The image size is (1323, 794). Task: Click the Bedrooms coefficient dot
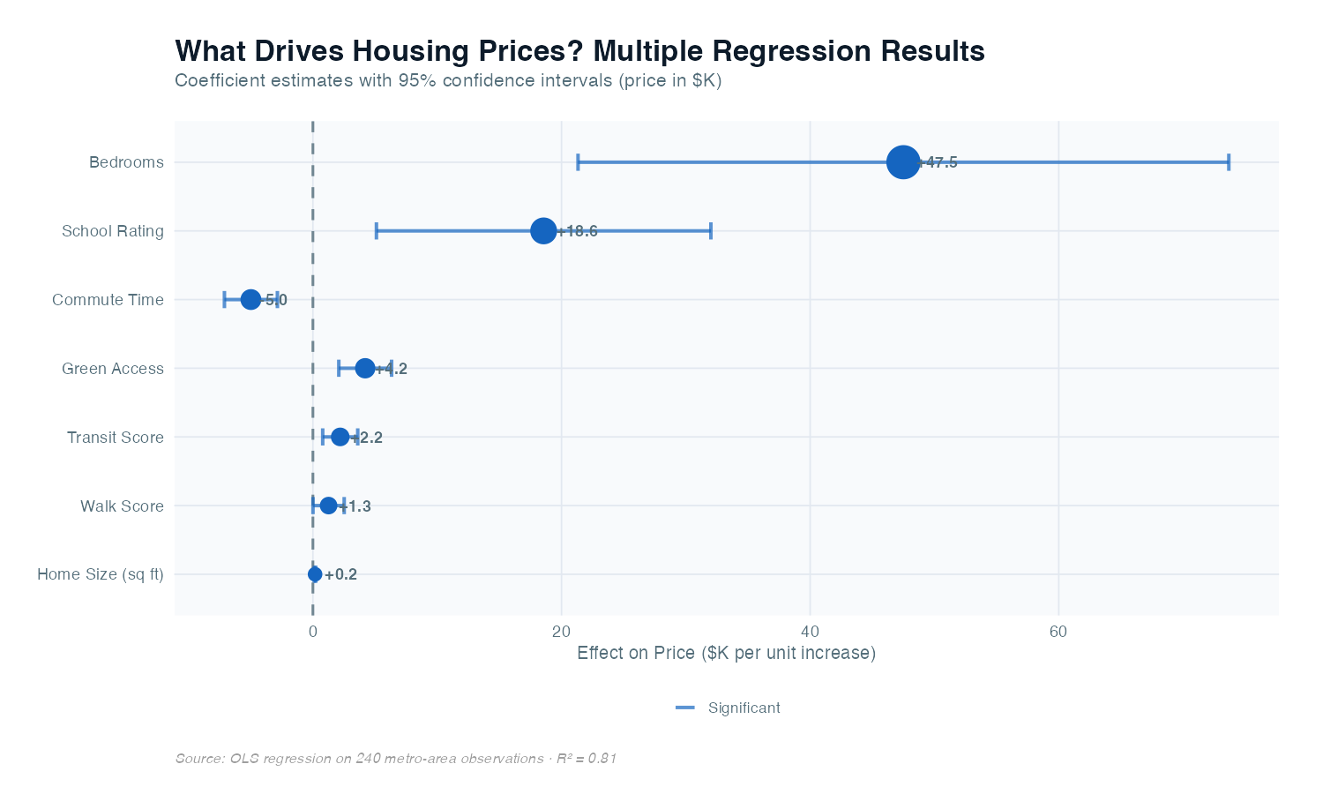(x=903, y=162)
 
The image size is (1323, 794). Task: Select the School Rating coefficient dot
(x=544, y=231)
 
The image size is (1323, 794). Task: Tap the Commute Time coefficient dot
(x=250, y=300)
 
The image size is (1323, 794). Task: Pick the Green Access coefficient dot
(x=365, y=368)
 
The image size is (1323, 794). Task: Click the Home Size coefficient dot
(x=315, y=574)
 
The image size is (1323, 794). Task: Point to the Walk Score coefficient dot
(x=328, y=506)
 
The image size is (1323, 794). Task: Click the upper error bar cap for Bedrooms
(x=1228, y=162)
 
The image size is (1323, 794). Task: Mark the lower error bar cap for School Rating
(x=377, y=231)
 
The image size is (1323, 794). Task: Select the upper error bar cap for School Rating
(x=711, y=231)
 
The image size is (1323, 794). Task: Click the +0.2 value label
(x=340, y=574)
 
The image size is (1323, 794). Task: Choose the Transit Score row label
(x=116, y=438)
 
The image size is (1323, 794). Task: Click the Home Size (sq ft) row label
(x=101, y=574)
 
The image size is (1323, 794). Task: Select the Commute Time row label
(x=108, y=300)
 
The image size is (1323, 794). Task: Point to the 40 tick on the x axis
(x=810, y=632)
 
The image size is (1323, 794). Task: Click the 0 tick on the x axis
(x=313, y=632)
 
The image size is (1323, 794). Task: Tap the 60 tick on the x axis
(x=1058, y=632)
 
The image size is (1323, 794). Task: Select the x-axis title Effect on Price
(x=726, y=654)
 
